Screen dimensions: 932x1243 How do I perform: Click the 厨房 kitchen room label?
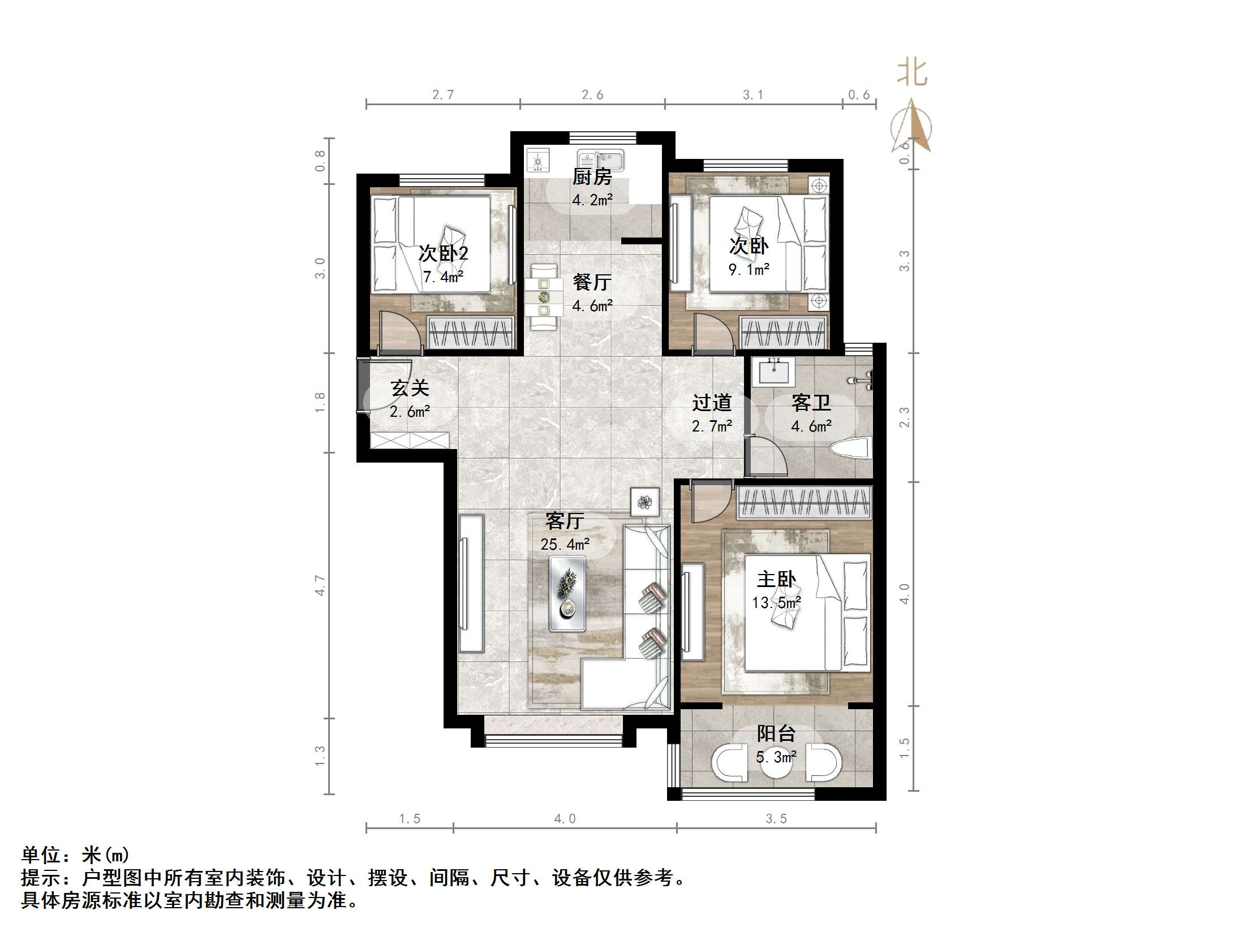pyautogui.click(x=592, y=177)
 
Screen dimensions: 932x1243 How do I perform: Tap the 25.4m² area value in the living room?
pyautogui.click(x=565, y=545)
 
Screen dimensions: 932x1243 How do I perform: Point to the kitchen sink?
pyautogui.click(x=600, y=161)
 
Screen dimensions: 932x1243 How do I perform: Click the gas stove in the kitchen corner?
pyautogui.click(x=537, y=161)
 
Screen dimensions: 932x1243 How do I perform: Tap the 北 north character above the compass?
pyautogui.click(x=911, y=74)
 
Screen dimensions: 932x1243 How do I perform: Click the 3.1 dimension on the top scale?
pyautogui.click(x=752, y=95)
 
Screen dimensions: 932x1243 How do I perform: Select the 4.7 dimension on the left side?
pyautogui.click(x=320, y=585)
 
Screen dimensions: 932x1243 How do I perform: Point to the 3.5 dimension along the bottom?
pyautogui.click(x=776, y=819)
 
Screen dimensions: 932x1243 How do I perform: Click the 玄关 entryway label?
pyautogui.click(x=410, y=389)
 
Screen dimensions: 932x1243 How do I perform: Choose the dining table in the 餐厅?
pyautogui.click(x=543, y=296)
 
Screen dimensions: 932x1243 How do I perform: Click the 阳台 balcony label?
pyautogui.click(x=776, y=734)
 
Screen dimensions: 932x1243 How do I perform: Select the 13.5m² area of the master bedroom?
pyautogui.click(x=776, y=603)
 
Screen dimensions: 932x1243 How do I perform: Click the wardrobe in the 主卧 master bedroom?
pyautogui.click(x=803, y=502)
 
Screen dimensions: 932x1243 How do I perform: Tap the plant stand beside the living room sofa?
pyautogui.click(x=645, y=502)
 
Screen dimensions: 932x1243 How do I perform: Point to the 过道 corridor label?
pyautogui.click(x=712, y=403)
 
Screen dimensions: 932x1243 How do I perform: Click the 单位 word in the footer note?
pyautogui.click(x=41, y=855)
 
